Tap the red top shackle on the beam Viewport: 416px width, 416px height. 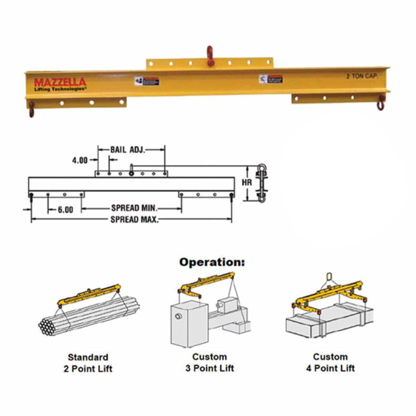[210, 56]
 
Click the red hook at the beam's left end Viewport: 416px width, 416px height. [31, 109]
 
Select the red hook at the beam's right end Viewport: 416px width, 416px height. [381, 102]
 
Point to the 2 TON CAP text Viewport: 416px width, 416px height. [362, 77]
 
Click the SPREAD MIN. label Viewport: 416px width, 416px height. [134, 209]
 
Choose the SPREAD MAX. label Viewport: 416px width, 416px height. [135, 219]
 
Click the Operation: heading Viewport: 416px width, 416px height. [212, 262]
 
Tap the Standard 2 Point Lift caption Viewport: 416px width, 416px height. [88, 363]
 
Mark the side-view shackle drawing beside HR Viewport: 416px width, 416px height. [261, 183]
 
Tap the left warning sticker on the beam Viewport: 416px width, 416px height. [147, 81]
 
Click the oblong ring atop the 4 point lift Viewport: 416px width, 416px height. [327, 279]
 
